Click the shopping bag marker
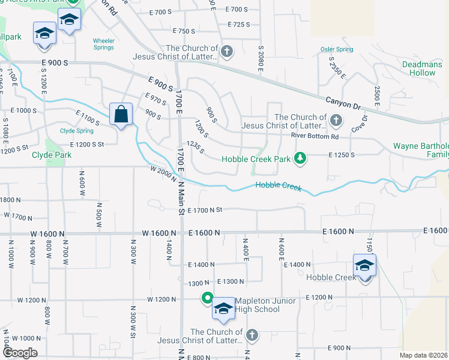click(x=121, y=113)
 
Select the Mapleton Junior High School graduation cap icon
click(x=223, y=310)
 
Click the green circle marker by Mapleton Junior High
click(x=207, y=297)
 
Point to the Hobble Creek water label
click(x=279, y=187)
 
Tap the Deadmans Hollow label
click(x=427, y=68)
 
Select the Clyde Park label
click(x=52, y=155)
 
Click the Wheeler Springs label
click(x=103, y=44)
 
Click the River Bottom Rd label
click(x=315, y=136)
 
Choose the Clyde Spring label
click(x=76, y=131)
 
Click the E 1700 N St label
click(x=205, y=210)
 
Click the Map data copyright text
click(x=424, y=355)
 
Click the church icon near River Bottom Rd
click(x=336, y=121)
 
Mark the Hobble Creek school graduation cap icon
click(x=364, y=265)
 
